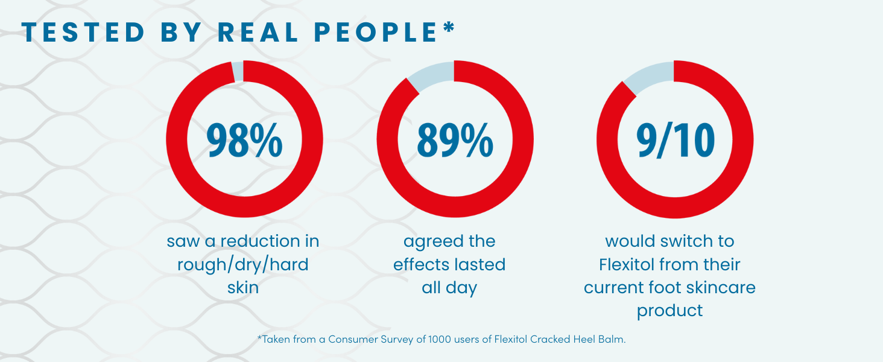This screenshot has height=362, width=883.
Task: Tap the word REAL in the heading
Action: pyautogui.click(x=258, y=33)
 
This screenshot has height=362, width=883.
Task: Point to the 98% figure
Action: pyautogui.click(x=244, y=140)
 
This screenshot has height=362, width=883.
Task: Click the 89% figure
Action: pyautogui.click(x=455, y=140)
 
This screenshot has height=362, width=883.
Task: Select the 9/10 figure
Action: pyautogui.click(x=675, y=140)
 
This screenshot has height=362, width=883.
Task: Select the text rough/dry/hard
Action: pyautogui.click(x=243, y=264)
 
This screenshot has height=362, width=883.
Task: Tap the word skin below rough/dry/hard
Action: pyautogui.click(x=243, y=287)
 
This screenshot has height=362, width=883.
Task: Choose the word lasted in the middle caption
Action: pyautogui.click(x=479, y=264)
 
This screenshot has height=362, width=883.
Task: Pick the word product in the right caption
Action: pyautogui.click(x=669, y=311)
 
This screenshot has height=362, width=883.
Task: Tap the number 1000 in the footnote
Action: pyautogui.click(x=437, y=339)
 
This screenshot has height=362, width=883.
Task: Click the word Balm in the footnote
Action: pyautogui.click(x=613, y=339)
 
